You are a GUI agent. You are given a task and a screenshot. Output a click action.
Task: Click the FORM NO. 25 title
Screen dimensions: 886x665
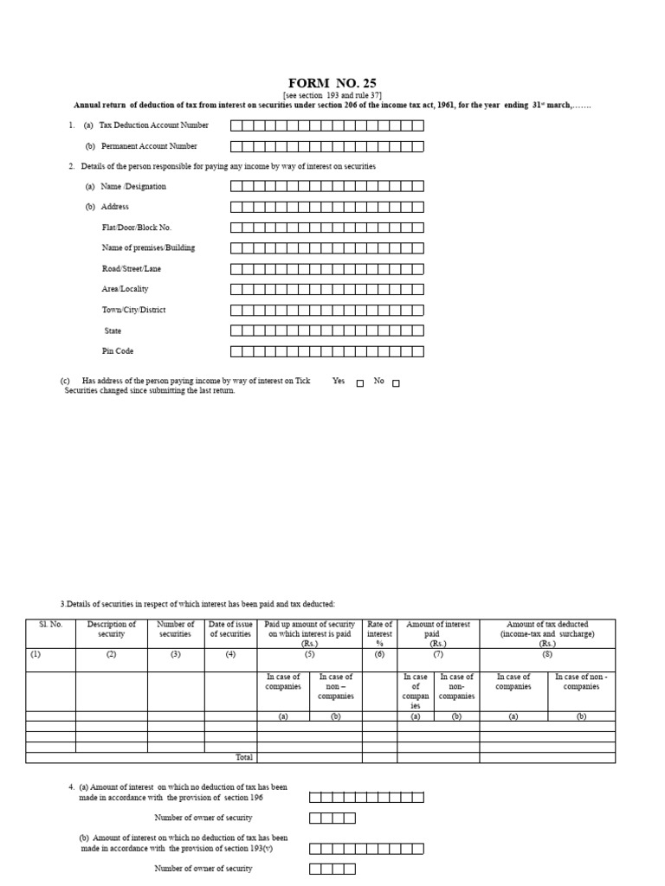[x=332, y=84]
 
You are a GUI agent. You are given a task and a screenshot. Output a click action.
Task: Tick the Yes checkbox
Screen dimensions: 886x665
[x=360, y=383]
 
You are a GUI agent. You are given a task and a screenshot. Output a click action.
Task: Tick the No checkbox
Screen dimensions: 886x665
[x=396, y=383]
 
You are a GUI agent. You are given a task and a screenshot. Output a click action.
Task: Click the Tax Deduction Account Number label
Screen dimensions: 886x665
[x=153, y=125]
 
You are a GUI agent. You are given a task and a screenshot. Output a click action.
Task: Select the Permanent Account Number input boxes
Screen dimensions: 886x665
[x=327, y=146]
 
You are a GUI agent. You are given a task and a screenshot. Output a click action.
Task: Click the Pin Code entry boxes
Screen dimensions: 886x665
[x=327, y=351]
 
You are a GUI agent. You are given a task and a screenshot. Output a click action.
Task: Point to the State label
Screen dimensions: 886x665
[x=113, y=331]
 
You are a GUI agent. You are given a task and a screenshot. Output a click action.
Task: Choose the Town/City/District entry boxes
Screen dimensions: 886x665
[x=327, y=310]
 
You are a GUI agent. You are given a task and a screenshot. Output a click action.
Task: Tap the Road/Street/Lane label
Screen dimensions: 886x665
[x=132, y=268]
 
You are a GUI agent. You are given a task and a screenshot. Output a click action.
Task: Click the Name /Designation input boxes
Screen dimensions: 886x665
[x=327, y=186]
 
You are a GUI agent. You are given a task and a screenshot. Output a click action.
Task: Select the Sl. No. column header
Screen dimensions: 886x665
[x=50, y=625]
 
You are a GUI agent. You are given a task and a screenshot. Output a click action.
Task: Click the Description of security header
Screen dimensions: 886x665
[x=112, y=629]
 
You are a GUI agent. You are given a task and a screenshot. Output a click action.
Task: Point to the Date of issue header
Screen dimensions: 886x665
[x=231, y=629]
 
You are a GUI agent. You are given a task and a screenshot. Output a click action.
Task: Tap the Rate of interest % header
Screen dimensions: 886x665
[x=380, y=633]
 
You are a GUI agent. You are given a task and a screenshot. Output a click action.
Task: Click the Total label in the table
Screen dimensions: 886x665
[x=244, y=757]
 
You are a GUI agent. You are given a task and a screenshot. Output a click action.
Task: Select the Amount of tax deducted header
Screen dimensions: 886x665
[x=547, y=633]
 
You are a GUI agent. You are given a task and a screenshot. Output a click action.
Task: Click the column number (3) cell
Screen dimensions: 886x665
[x=176, y=655]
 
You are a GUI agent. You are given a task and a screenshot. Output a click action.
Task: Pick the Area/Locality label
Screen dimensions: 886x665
[x=125, y=289]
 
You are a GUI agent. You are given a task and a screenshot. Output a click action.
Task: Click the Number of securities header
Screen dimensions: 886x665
[x=176, y=629]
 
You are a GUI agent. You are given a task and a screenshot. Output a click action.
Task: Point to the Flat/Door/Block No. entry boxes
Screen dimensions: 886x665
[x=327, y=228]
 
